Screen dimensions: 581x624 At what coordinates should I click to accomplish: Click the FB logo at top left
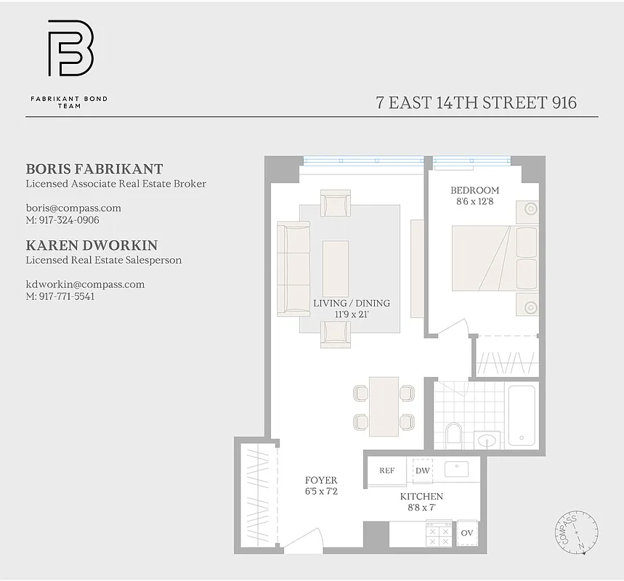[x=70, y=49]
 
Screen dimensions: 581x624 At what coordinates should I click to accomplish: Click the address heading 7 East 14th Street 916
[x=476, y=102]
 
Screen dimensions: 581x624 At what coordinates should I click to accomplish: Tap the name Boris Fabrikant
[x=94, y=169]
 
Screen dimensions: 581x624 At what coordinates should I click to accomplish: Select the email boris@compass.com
[x=73, y=208]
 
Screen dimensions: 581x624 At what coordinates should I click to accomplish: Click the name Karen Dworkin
[x=92, y=245]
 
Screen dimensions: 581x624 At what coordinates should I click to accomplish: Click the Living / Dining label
[x=351, y=304]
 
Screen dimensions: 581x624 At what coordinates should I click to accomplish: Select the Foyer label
[x=320, y=481]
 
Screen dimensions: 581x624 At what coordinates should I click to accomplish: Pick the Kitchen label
[x=421, y=497]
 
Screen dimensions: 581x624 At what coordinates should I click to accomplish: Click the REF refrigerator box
[x=387, y=471]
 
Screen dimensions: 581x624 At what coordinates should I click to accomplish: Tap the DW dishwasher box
[x=423, y=471]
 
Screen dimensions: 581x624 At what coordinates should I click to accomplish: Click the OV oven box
[x=467, y=534]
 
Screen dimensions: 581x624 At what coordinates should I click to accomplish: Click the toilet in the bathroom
[x=453, y=435]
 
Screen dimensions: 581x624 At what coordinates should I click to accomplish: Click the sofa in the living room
[x=293, y=269]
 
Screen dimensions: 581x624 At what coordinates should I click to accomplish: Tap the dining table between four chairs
[x=383, y=406]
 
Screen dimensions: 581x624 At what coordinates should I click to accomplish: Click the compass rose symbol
[x=576, y=531]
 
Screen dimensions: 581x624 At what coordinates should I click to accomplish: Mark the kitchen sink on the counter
[x=456, y=468]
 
